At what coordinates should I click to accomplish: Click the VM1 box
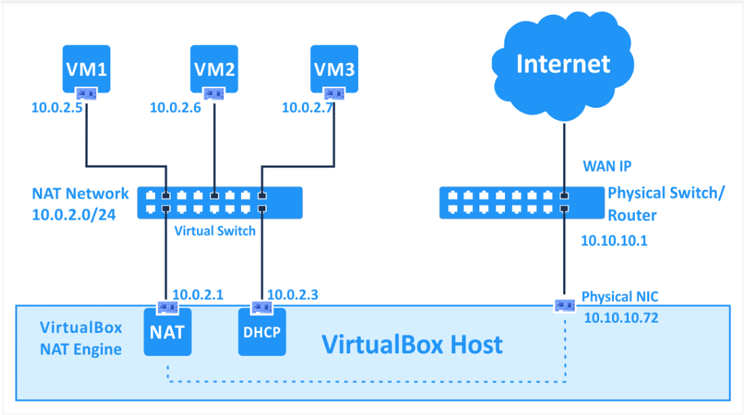point(87,68)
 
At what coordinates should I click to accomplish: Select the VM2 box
point(214,68)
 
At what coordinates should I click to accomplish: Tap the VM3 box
point(334,68)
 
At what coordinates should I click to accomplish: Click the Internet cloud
point(563,64)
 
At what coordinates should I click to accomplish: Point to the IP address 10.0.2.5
point(57,108)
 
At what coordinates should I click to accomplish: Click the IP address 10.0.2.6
point(175,108)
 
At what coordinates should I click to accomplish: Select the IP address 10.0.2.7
point(307,108)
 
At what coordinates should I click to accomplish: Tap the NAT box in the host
point(167,332)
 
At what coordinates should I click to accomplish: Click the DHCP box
point(262,332)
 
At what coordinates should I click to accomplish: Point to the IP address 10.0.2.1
point(198,295)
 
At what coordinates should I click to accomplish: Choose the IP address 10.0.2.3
point(292,295)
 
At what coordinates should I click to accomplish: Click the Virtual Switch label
point(215,231)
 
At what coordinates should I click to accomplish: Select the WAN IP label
point(607,166)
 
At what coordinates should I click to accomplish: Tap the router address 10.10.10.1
point(614,241)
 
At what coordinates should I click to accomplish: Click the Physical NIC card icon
point(565,305)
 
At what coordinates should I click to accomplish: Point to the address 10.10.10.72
point(621,317)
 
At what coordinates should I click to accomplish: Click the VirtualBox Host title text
point(412,344)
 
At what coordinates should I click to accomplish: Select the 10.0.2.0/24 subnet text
point(74,215)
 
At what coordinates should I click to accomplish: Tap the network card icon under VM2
point(214,94)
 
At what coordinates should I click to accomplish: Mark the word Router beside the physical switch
point(632,216)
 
